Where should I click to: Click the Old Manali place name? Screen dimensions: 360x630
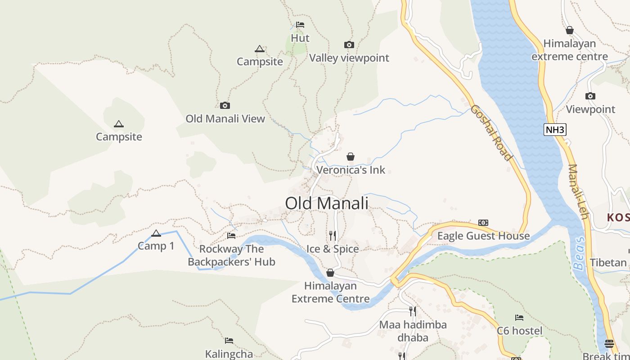(327, 203)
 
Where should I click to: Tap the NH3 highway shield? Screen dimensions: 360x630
(554, 130)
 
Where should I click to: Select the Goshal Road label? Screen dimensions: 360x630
(491, 133)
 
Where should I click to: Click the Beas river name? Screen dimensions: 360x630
(579, 253)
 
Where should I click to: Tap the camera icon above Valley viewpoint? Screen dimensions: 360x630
(349, 45)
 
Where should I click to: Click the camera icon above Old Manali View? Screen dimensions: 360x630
(225, 106)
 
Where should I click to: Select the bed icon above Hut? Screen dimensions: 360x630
(300, 25)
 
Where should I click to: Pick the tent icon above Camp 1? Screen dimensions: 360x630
(156, 233)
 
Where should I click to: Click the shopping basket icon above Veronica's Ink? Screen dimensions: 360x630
(351, 157)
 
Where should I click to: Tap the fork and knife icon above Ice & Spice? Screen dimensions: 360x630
(333, 235)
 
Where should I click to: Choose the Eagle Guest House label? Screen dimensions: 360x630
(483, 236)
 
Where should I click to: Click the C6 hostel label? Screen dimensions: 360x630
(519, 331)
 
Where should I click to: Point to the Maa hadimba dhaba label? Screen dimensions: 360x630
(413, 331)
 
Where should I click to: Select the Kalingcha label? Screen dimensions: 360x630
(229, 354)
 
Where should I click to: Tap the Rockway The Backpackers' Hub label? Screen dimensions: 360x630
(231, 255)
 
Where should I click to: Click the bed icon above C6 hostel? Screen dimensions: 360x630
(519, 318)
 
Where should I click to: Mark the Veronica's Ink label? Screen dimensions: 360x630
(351, 170)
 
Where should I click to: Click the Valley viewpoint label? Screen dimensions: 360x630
(349, 58)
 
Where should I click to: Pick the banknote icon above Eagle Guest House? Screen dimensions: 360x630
(483, 223)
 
